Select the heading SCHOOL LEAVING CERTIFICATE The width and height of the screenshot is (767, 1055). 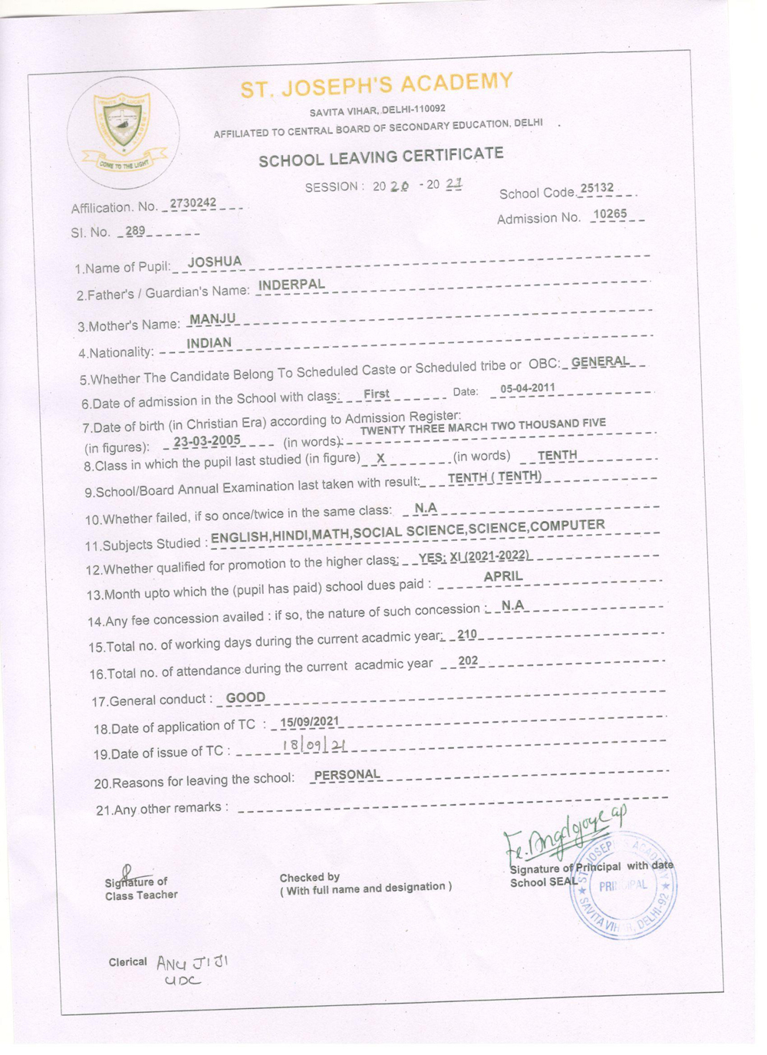(x=381, y=157)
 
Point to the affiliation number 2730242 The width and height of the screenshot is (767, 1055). (x=193, y=203)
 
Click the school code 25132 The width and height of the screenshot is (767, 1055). (x=597, y=188)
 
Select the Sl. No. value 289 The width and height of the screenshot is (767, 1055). (x=136, y=230)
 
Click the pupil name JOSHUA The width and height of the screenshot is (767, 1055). (x=215, y=262)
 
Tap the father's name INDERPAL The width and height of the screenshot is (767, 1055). (x=291, y=285)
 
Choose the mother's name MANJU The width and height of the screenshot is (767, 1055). (x=212, y=318)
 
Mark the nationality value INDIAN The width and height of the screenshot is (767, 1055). (x=209, y=343)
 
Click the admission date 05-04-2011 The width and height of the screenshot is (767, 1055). (x=527, y=388)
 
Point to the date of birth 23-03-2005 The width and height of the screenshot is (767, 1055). (x=207, y=441)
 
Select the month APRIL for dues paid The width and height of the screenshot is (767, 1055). (x=503, y=576)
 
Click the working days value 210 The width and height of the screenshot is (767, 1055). (x=466, y=635)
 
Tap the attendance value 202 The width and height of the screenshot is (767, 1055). (x=468, y=661)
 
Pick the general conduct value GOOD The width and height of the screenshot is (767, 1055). (x=245, y=697)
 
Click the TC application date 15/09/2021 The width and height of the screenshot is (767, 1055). (x=309, y=721)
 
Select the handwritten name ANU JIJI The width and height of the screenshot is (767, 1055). (x=193, y=962)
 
